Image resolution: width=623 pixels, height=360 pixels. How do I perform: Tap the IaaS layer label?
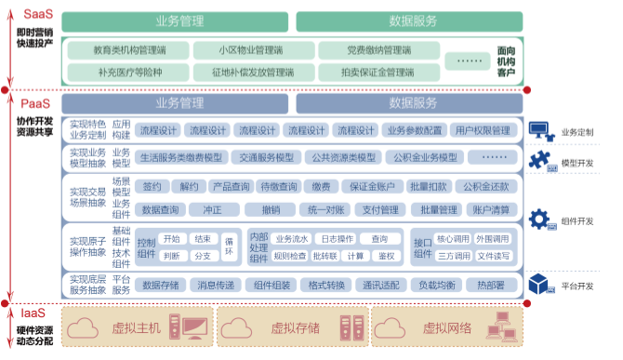tap(33, 313)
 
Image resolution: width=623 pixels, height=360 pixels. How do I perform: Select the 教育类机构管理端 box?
tap(129, 49)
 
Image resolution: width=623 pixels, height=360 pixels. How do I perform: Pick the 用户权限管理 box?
tap(483, 130)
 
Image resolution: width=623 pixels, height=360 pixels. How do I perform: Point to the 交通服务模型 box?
tap(266, 157)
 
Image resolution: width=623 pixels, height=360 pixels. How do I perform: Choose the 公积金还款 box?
tap(485, 186)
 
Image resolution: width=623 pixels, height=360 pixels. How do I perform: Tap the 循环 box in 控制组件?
tap(230, 247)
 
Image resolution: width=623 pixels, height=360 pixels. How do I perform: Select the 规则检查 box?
tap(290, 256)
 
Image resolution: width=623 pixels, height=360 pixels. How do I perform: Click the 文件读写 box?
tap(494, 256)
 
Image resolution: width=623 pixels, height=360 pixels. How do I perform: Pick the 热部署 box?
tap(490, 285)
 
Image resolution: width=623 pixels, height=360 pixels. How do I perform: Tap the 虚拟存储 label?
tap(295, 327)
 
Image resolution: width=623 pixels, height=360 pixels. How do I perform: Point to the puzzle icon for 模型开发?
tap(540, 162)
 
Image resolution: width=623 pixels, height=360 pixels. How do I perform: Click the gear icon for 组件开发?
tap(540, 220)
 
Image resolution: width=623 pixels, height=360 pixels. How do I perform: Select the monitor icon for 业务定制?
tap(540, 130)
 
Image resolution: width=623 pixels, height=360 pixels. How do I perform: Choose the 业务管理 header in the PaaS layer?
tap(179, 102)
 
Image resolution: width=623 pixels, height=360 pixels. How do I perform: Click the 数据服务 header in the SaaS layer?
tap(413, 20)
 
